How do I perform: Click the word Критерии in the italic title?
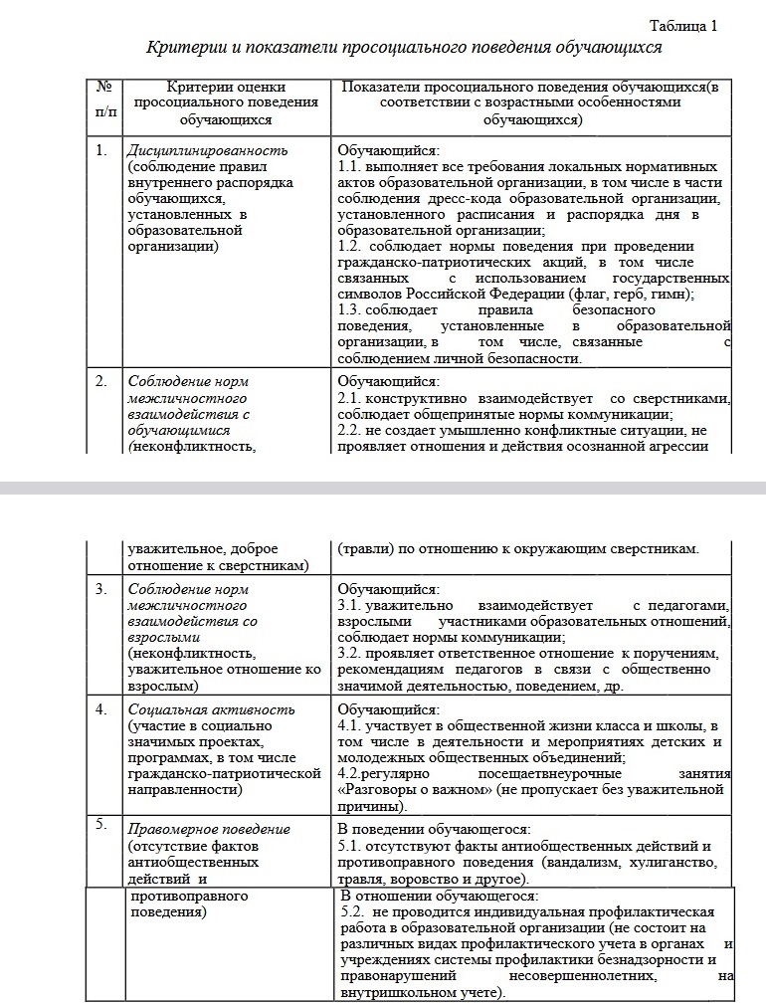tap(181, 47)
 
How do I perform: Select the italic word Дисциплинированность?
tap(207, 150)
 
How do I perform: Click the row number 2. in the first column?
tap(101, 380)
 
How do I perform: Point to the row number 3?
tap(101, 589)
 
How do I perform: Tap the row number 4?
tap(101, 709)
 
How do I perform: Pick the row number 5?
tap(101, 825)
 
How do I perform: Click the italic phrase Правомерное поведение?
tap(209, 829)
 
